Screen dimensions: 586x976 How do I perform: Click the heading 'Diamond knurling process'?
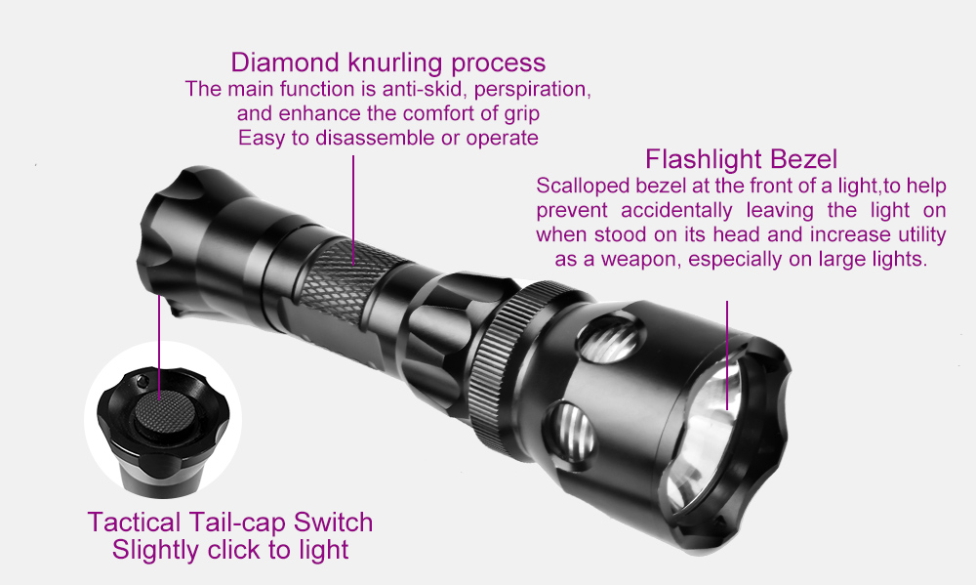click(387, 63)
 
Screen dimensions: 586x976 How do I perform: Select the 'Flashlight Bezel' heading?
click(742, 159)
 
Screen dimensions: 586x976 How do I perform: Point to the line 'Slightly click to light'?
click(230, 550)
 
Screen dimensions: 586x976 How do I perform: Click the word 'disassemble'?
click(373, 138)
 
